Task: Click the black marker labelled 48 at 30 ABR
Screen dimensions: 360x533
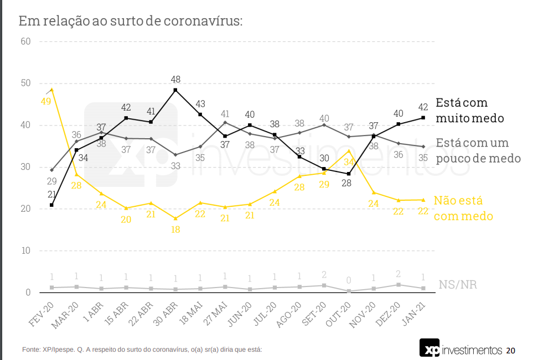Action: click(175, 90)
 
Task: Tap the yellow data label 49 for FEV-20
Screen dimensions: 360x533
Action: click(45, 101)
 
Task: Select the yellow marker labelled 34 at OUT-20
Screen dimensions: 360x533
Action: click(349, 150)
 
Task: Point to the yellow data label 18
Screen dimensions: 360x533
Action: click(175, 229)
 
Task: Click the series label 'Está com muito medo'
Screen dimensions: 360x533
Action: click(469, 110)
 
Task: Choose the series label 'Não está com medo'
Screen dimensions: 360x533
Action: click(463, 208)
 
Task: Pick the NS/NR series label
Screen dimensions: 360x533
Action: click(457, 285)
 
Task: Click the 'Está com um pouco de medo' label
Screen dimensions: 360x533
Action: click(478, 150)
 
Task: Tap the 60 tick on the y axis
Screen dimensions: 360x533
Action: click(25, 41)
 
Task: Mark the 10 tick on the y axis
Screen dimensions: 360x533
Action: click(25, 251)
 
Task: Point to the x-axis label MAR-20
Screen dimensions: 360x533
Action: click(67, 315)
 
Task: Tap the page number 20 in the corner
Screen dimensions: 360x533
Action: click(510, 351)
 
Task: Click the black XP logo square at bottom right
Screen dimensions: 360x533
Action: click(429, 348)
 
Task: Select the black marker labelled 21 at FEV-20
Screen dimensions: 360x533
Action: click(51, 205)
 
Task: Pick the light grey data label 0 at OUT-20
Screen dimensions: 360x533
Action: click(349, 280)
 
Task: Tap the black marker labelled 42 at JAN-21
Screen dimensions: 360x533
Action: click(423, 118)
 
